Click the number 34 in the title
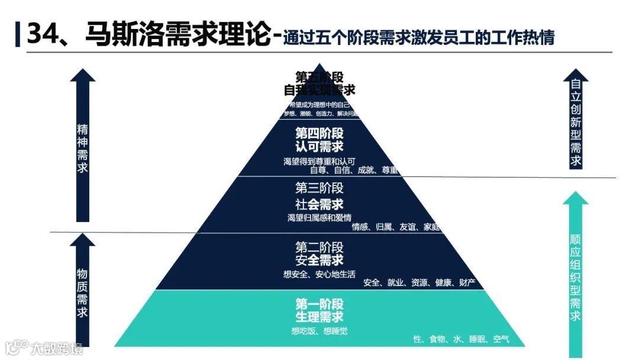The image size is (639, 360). click(x=42, y=34)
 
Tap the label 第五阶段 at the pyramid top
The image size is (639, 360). click(x=319, y=77)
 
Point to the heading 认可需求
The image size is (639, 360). click(x=319, y=146)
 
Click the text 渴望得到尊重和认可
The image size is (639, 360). click(x=319, y=161)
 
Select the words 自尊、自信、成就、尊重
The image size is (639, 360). click(x=354, y=171)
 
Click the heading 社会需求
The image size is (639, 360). click(x=319, y=205)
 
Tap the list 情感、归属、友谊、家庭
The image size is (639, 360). click(x=396, y=227)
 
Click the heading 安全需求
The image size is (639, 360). click(x=319, y=261)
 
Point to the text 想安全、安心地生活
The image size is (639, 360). click(x=319, y=274)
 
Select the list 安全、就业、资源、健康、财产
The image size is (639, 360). click(x=419, y=282)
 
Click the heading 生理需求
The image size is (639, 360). click(x=319, y=317)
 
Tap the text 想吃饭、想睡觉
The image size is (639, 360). click(x=319, y=331)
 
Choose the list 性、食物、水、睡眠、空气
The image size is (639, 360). click(x=461, y=339)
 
